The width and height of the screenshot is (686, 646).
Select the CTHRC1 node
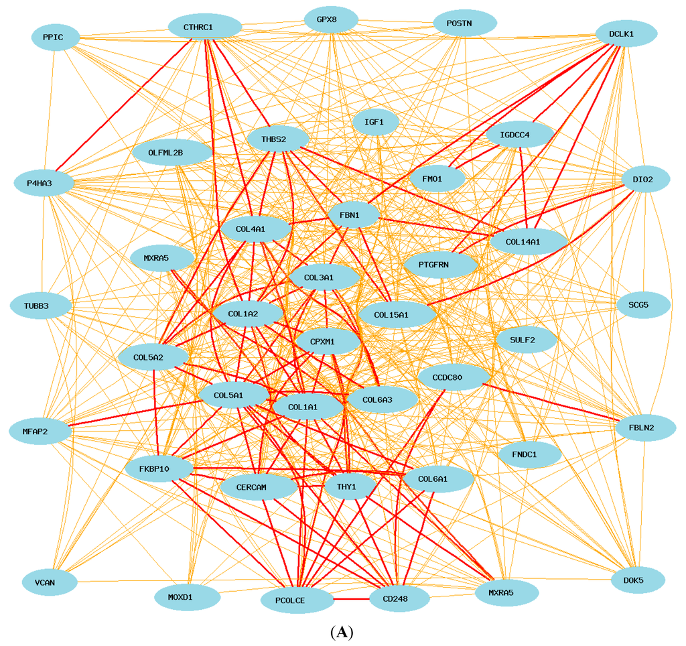(204, 27)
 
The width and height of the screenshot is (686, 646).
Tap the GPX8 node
(331, 19)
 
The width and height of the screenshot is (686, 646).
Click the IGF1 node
(376, 123)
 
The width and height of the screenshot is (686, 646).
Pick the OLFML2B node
(172, 152)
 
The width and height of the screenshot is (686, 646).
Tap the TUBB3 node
(40, 306)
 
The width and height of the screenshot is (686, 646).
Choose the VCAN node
(50, 582)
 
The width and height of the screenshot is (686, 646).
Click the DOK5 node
(638, 580)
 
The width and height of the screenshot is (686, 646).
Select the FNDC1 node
(529, 454)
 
